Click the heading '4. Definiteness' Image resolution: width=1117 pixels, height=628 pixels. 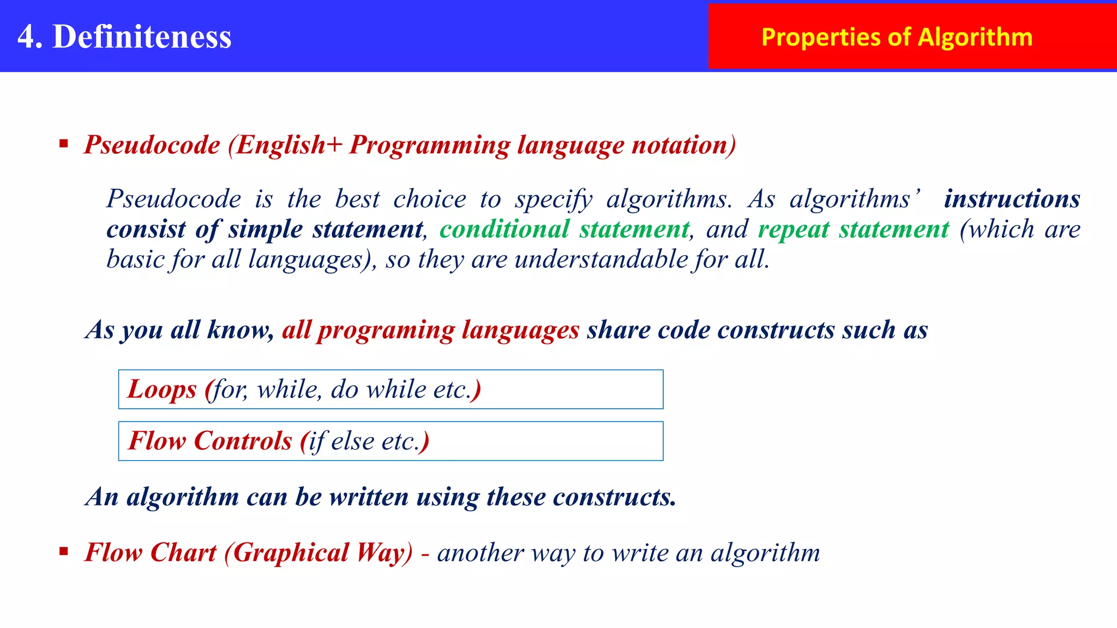click(x=124, y=37)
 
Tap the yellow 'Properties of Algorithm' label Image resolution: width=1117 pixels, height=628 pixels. click(x=897, y=37)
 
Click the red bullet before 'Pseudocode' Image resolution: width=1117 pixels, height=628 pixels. click(x=64, y=144)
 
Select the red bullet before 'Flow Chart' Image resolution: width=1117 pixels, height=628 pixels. click(x=64, y=552)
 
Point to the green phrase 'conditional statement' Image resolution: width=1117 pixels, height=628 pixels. click(x=564, y=229)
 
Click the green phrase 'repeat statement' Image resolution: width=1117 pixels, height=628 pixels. click(x=854, y=229)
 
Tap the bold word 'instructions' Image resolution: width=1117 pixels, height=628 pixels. click(x=1012, y=198)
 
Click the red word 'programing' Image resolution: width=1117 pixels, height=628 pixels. click(x=386, y=330)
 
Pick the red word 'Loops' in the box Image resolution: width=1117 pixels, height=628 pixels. click(x=161, y=389)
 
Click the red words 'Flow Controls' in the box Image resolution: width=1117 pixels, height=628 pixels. click(x=210, y=440)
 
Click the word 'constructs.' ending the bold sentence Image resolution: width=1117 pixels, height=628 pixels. click(x=614, y=497)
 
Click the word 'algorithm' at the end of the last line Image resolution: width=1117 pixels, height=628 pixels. click(x=765, y=552)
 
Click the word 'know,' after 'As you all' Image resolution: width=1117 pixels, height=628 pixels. click(x=241, y=330)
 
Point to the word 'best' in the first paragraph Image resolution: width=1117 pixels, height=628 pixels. click(x=357, y=198)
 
